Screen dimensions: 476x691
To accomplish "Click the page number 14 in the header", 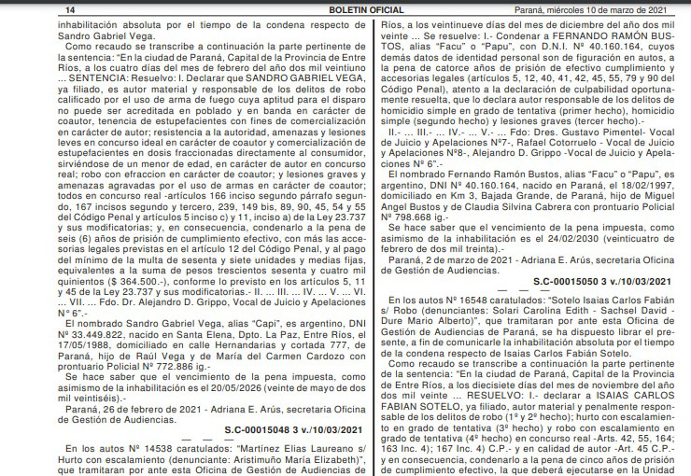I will [x=18, y=9].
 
